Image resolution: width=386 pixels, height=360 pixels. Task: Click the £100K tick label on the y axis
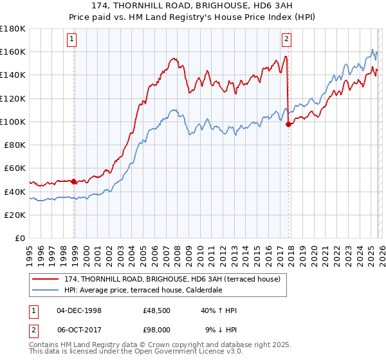(x=13, y=122)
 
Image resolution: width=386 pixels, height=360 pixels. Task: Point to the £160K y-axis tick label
(x=13, y=51)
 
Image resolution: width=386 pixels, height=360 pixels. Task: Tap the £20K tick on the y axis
(x=15, y=215)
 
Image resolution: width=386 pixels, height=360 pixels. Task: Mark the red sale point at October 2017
(x=288, y=124)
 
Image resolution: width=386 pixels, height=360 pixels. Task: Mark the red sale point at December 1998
(x=74, y=182)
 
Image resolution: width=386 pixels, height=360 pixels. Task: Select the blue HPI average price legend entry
(x=152, y=290)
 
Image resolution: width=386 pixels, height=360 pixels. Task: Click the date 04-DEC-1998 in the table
(x=78, y=310)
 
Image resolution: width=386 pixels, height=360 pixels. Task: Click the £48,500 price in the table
(x=156, y=310)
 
